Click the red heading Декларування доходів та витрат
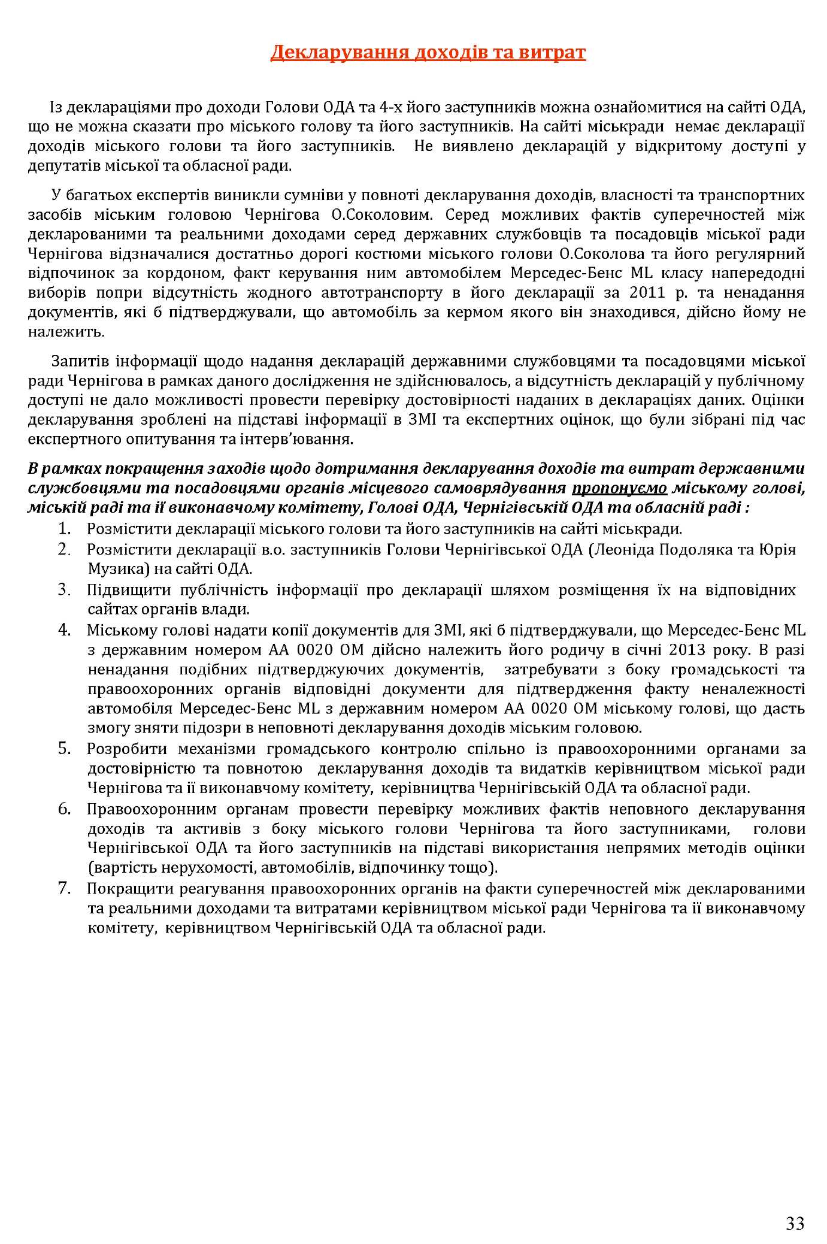click(x=428, y=53)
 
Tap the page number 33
click(x=795, y=1206)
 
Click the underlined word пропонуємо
click(x=619, y=489)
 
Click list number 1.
click(x=65, y=529)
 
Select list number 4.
click(x=65, y=630)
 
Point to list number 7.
click(x=65, y=889)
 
